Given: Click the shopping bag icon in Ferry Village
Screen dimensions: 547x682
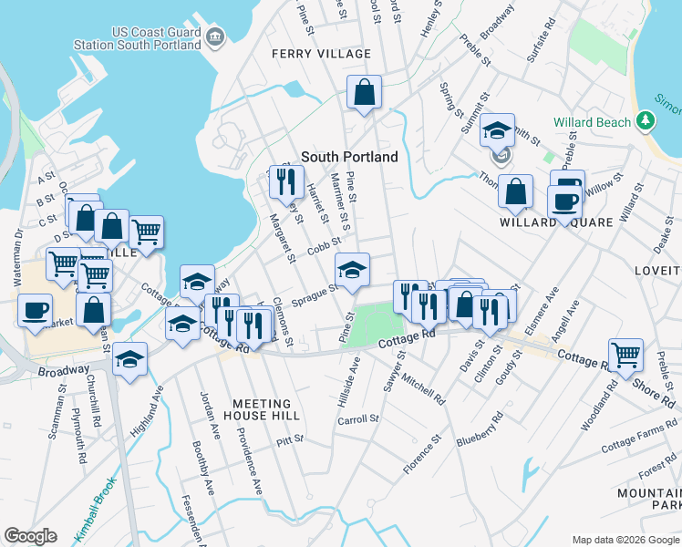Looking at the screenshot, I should (x=364, y=92).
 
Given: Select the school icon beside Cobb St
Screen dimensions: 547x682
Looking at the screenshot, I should (x=353, y=270).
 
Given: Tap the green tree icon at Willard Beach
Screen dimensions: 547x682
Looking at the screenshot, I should (x=646, y=121).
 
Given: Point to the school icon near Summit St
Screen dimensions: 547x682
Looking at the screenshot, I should (x=498, y=130).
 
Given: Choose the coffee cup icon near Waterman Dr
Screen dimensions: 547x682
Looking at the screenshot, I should (x=36, y=309).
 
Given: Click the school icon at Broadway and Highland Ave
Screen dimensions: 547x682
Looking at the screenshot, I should (x=130, y=358).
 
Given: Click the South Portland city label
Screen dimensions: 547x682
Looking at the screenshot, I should (x=349, y=157).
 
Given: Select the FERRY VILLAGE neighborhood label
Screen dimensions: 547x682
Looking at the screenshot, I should (x=322, y=54).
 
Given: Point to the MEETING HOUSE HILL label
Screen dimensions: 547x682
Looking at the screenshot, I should (x=262, y=409).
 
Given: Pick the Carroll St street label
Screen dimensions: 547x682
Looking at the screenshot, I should (x=357, y=419).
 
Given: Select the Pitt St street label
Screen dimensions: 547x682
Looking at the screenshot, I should (x=289, y=439).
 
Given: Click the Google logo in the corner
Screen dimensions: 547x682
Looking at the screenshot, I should (x=30, y=536).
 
